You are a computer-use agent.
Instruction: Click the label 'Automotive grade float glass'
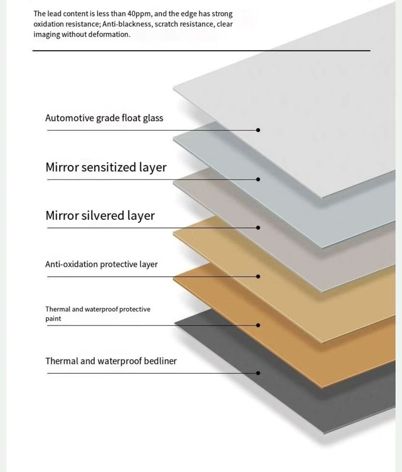tap(104, 118)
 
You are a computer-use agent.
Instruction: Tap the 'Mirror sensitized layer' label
tap(106, 167)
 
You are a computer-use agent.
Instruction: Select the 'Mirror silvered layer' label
tap(100, 215)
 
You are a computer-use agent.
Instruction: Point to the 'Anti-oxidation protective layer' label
tap(101, 264)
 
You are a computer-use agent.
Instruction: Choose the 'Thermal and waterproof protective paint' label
tap(98, 314)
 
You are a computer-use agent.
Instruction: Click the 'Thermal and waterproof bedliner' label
tap(111, 361)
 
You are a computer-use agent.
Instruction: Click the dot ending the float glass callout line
tap(258, 130)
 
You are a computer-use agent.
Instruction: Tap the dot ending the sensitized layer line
tap(258, 179)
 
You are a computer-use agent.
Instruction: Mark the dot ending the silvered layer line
tap(258, 228)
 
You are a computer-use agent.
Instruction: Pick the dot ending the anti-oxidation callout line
tap(258, 276)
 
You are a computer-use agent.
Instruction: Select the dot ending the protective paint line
tap(258, 325)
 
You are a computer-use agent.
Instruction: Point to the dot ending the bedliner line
tap(258, 373)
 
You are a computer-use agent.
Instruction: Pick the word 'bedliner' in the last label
tap(160, 361)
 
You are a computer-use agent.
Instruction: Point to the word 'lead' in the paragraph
tap(54, 14)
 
